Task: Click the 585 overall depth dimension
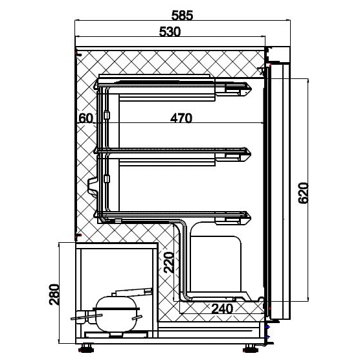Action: click(x=183, y=16)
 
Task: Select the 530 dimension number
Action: click(x=170, y=32)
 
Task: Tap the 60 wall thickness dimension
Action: click(x=86, y=118)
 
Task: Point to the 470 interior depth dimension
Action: click(x=181, y=118)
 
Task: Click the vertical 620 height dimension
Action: click(x=303, y=193)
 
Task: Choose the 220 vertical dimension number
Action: click(x=168, y=262)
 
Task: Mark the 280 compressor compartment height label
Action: click(x=54, y=295)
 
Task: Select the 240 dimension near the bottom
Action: click(x=222, y=309)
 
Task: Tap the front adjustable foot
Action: click(x=251, y=348)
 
